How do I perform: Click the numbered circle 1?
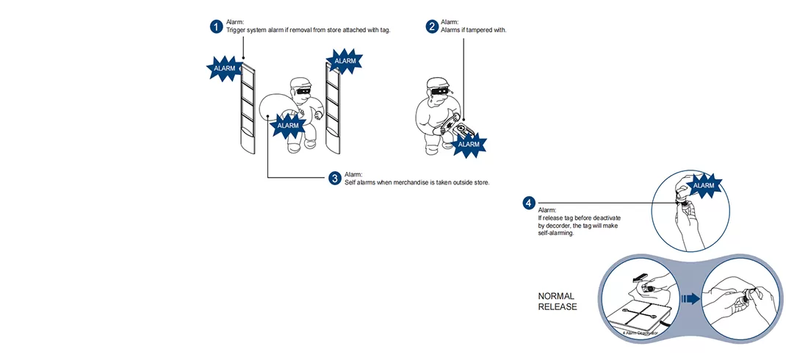(216, 26)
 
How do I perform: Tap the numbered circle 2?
(432, 26)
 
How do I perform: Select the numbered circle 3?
(334, 179)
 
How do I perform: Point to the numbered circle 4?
(529, 203)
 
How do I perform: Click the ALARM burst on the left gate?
(224, 68)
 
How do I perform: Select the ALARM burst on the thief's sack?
(287, 126)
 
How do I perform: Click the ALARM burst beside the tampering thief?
(468, 144)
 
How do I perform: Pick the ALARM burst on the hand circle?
(703, 185)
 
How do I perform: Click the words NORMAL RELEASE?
(558, 301)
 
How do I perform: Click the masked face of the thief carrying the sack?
(303, 89)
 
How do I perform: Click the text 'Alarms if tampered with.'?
(474, 30)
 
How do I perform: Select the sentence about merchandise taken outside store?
(417, 182)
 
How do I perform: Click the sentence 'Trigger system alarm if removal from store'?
(308, 30)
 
